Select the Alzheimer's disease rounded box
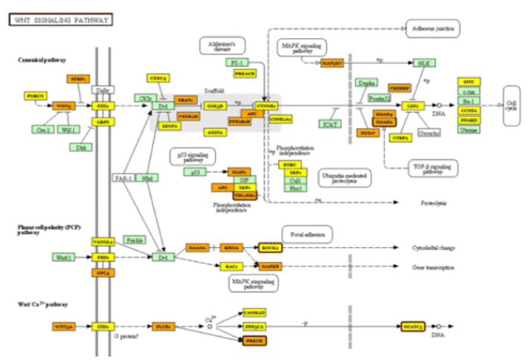[221, 46]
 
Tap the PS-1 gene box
[237, 63]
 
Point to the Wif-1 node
[69, 129]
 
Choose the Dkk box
[82, 147]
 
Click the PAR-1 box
[122, 179]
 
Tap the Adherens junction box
[432, 28]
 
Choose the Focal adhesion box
[306, 234]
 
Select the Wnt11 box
[62, 257]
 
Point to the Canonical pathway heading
[43, 59]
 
